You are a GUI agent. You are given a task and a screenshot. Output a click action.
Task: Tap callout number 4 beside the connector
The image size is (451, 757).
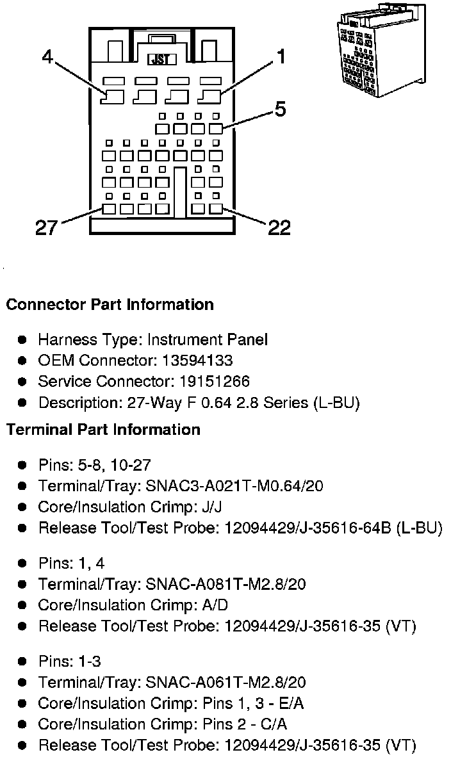47,57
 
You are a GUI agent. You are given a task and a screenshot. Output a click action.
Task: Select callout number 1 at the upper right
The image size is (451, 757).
279,57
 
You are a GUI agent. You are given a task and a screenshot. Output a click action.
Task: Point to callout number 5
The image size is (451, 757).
280,110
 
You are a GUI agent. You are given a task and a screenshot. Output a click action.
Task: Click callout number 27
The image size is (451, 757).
46,227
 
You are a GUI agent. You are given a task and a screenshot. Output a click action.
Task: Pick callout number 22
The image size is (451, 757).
279,227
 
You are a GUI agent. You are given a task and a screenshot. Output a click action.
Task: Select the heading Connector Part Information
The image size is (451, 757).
110,305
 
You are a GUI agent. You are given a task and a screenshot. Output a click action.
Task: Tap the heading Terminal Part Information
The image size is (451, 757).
103,429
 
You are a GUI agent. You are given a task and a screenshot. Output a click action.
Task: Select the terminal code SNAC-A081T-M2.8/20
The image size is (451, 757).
226,584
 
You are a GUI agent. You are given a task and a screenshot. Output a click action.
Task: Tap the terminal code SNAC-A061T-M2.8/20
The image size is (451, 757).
226,683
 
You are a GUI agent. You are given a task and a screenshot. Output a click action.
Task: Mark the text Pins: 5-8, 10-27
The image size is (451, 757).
94,465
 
